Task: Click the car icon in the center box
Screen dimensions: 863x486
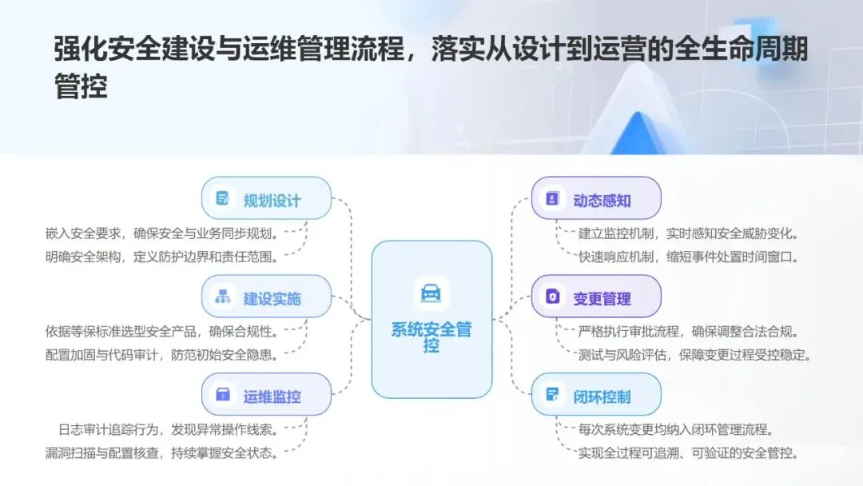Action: coord(431,293)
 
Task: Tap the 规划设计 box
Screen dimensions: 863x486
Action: coord(266,198)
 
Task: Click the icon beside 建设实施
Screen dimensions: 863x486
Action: coord(222,297)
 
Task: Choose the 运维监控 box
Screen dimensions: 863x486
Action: coord(266,395)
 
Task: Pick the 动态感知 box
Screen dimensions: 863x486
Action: coord(596,198)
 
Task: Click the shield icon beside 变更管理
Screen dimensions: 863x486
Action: coord(552,297)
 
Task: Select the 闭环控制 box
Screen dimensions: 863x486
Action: coord(596,395)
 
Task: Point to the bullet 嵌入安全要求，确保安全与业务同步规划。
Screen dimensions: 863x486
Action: coord(161,233)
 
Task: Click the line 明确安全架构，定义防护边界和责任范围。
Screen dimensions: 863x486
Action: coord(161,257)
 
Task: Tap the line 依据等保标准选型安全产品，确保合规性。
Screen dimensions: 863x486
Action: coord(161,331)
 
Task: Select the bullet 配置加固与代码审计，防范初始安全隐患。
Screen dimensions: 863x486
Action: coord(161,355)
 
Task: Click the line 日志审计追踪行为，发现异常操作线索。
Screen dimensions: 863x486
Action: coord(168,429)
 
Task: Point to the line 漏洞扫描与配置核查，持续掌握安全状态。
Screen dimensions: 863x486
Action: coord(161,452)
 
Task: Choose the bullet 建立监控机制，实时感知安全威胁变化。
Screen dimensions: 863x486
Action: coord(689,233)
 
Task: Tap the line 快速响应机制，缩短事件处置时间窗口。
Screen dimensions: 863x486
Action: coord(689,257)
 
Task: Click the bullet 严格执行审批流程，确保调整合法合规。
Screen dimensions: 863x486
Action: coord(689,331)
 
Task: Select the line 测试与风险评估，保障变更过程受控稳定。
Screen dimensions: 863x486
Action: coord(694,355)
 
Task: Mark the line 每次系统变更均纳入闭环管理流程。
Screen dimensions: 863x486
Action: coord(676,429)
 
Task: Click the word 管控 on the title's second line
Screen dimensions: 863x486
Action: coord(81,87)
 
